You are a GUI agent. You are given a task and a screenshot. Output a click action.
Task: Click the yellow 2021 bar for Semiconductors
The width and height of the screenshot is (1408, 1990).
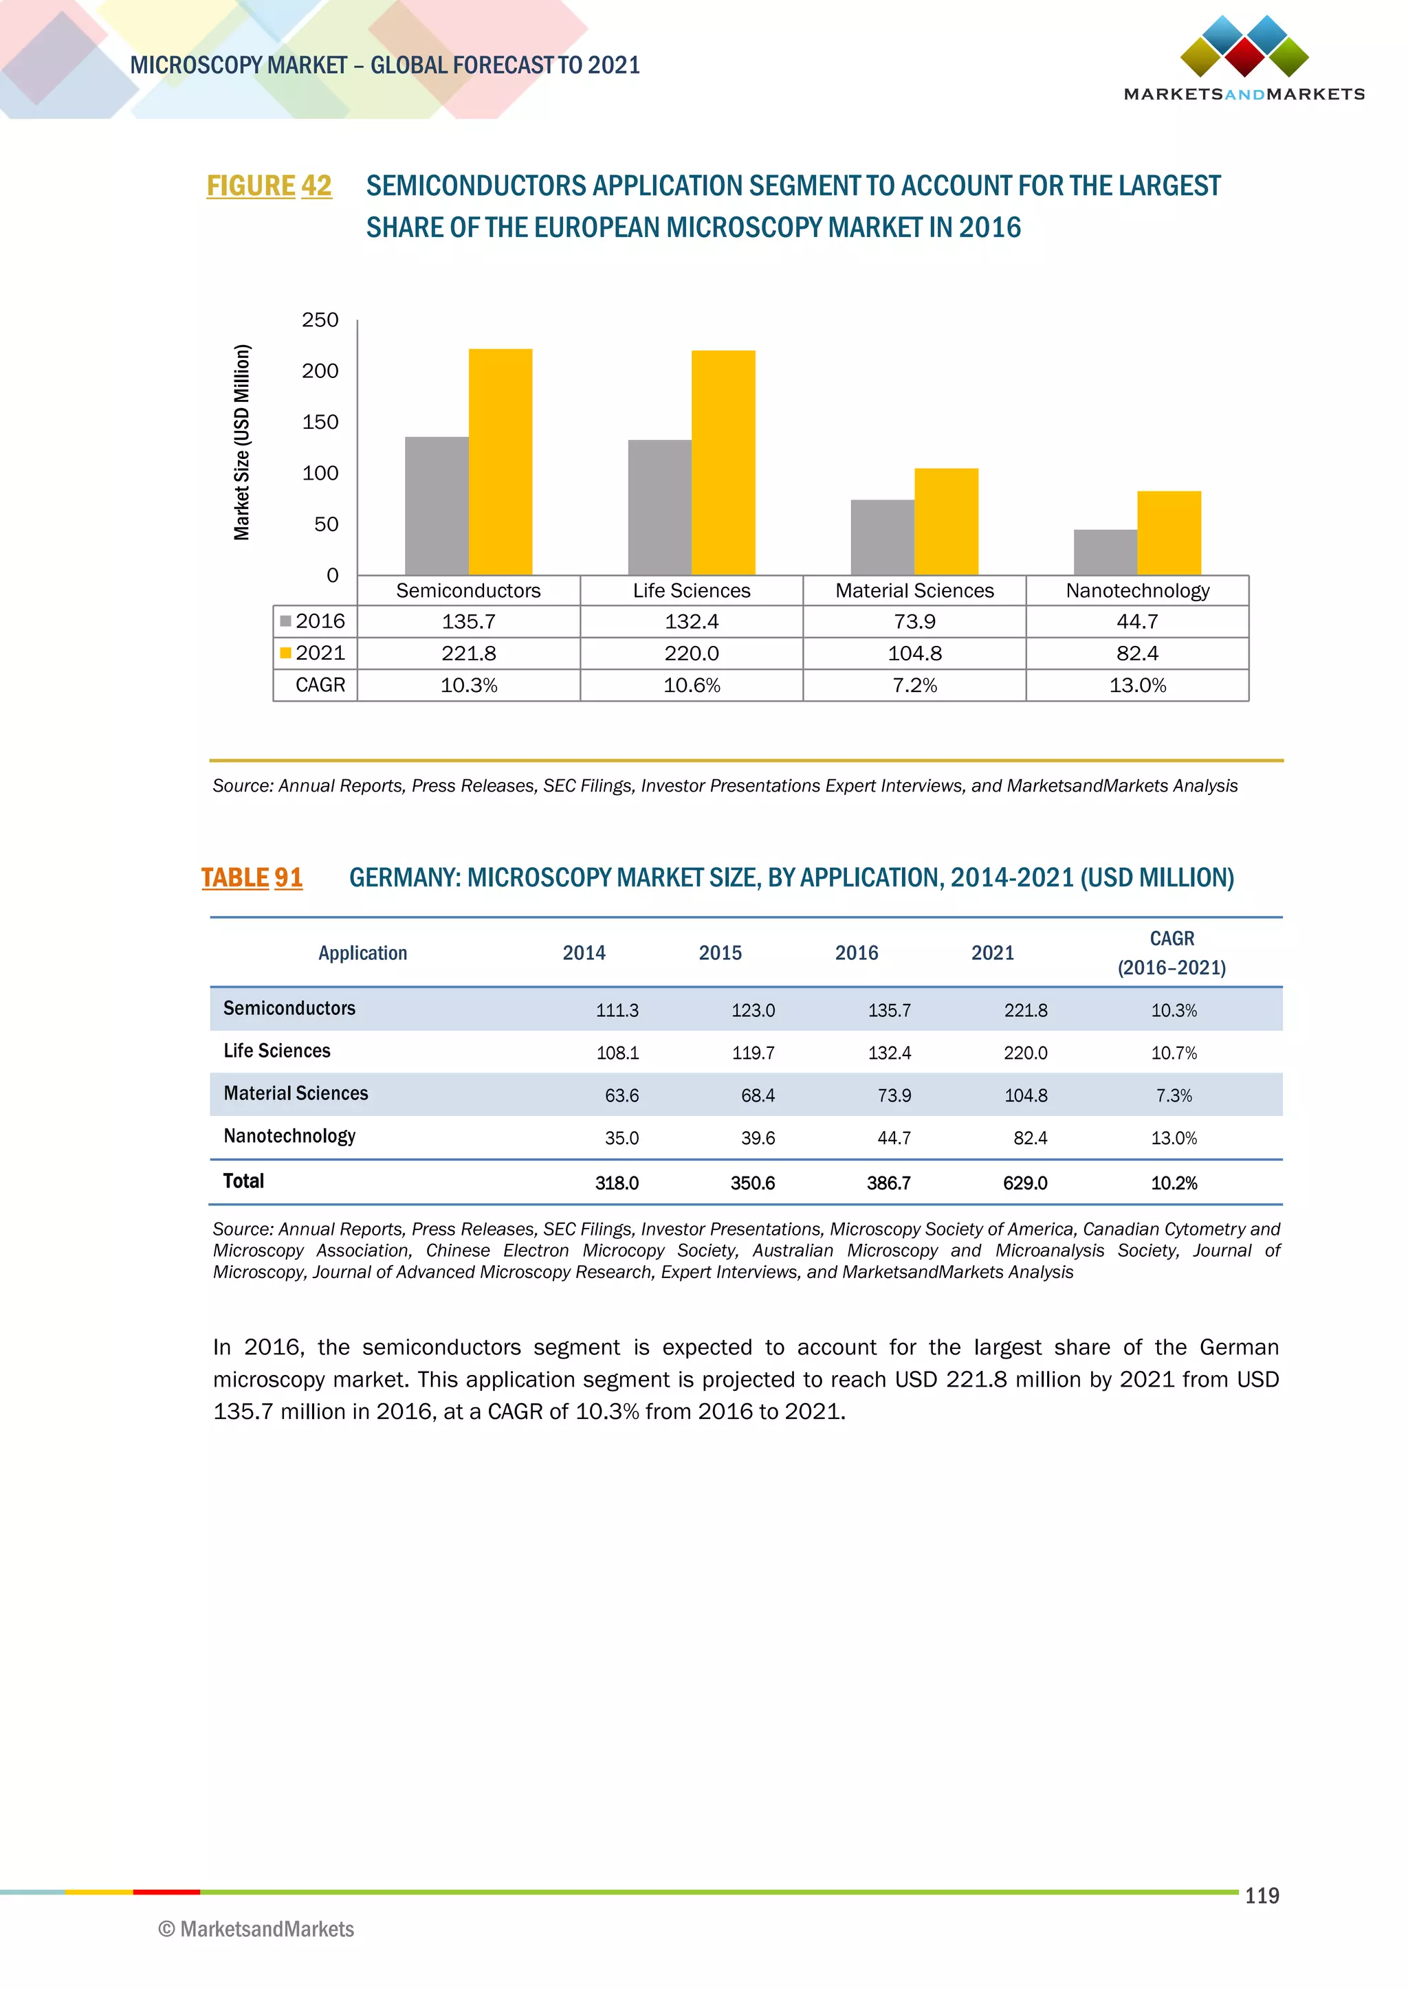(500, 461)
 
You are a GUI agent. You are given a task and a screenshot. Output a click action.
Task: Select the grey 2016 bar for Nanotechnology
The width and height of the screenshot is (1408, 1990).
(1105, 552)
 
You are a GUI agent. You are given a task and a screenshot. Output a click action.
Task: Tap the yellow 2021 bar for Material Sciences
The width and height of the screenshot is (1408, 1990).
(946, 521)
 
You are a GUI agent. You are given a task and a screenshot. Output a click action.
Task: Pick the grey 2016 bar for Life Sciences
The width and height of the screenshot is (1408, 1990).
(660, 507)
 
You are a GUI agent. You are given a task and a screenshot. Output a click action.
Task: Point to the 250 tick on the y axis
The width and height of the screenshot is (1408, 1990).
(320, 320)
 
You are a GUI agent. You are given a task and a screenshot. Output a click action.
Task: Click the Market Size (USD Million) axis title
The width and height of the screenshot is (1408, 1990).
(242, 442)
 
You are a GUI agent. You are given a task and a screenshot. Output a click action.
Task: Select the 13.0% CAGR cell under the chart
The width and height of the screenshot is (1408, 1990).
(1138, 686)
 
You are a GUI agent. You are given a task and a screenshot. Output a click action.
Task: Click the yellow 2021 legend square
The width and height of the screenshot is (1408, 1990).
(285, 653)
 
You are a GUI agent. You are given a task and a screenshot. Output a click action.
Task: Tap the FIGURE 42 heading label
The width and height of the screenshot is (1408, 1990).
(269, 186)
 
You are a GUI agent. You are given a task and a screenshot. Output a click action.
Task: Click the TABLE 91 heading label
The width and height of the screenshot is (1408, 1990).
(252, 878)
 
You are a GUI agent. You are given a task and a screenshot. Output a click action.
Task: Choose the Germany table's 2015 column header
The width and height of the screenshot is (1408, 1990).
(720, 953)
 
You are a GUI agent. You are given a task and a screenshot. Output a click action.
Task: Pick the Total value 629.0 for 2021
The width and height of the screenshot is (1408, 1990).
(1025, 1183)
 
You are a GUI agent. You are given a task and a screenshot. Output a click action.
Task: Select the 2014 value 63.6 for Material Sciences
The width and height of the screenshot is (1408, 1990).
(621, 1095)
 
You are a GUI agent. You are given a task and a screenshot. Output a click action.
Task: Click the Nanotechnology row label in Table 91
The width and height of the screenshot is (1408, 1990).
(289, 1137)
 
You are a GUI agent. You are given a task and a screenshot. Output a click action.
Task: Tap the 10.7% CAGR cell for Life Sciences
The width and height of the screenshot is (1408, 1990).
(1174, 1053)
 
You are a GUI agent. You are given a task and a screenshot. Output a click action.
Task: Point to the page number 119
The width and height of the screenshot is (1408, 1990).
(1262, 1896)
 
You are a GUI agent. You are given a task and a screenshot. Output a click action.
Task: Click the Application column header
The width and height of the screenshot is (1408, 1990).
(362, 953)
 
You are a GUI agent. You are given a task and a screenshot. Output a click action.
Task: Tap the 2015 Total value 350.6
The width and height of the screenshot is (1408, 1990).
(753, 1183)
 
